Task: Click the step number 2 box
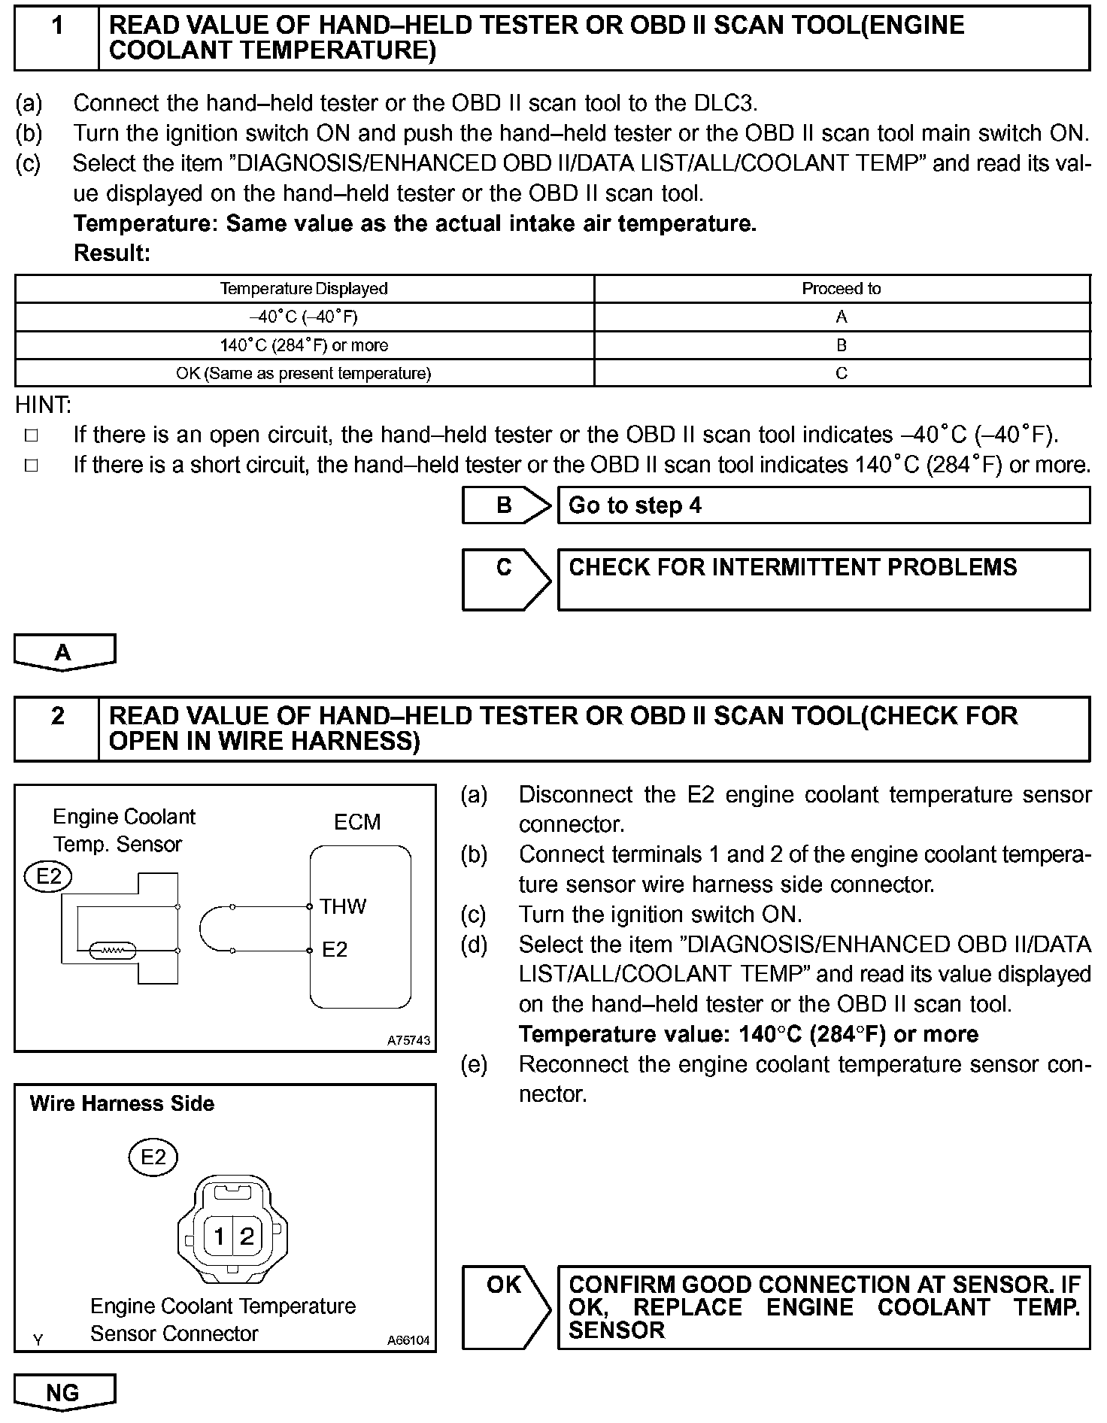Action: point(57,728)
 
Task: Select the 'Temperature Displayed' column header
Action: point(304,289)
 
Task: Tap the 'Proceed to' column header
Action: point(841,289)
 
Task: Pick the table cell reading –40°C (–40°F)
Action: point(304,317)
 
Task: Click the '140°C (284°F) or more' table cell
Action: point(304,345)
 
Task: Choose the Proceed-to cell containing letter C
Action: point(841,373)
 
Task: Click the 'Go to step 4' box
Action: point(823,505)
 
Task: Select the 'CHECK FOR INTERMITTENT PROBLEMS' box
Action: point(823,578)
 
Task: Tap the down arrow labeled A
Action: point(65,651)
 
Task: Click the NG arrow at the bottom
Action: point(65,1392)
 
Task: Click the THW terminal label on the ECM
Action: point(342,906)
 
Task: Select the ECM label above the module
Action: point(357,822)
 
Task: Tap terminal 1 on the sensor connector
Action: point(219,1236)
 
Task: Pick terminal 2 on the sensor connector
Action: point(247,1236)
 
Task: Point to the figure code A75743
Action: point(408,1041)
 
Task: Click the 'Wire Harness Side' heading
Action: point(122,1103)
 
